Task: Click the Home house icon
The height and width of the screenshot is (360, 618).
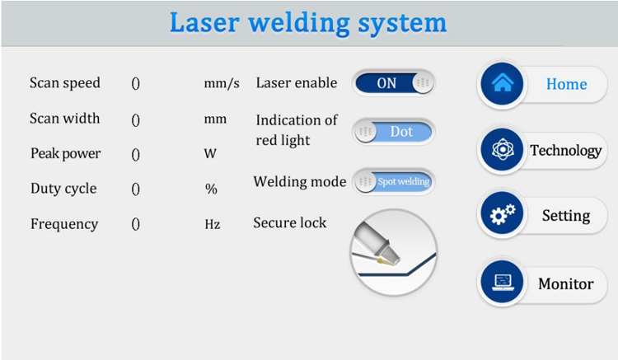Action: click(502, 83)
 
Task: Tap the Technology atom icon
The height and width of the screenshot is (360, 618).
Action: click(502, 149)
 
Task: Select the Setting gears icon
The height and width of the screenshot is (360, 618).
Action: click(502, 214)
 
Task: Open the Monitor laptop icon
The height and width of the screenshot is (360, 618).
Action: click(502, 282)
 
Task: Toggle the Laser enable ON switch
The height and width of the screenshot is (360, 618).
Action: click(394, 83)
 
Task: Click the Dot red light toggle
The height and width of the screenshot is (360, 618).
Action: click(394, 132)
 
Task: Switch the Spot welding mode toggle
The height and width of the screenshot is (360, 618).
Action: click(394, 181)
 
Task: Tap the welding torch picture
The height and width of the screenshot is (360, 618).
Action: click(394, 252)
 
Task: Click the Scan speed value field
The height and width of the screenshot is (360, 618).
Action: click(136, 83)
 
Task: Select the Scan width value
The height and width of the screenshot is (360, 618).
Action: click(136, 119)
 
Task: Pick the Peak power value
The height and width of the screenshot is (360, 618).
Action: click(136, 154)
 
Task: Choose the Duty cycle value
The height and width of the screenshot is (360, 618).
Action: click(136, 189)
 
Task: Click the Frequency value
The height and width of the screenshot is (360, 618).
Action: click(136, 224)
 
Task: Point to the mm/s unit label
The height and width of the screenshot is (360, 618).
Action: click(222, 83)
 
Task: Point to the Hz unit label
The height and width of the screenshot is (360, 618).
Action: click(213, 224)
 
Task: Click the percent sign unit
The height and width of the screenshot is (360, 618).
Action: click(211, 189)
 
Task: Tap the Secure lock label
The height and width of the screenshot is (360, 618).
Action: click(290, 222)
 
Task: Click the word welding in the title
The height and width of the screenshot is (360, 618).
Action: click(299, 22)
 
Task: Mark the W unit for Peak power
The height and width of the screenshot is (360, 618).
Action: click(210, 153)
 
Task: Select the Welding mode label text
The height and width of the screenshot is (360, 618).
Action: click(300, 181)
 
